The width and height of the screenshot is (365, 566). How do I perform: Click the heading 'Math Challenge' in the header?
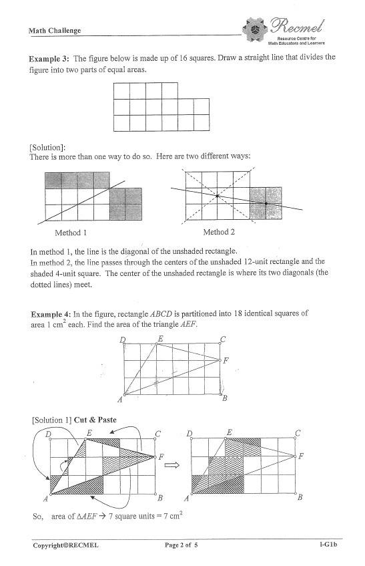pyautogui.click(x=55, y=31)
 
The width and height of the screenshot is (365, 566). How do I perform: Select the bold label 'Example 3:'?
pyautogui.click(x=49, y=58)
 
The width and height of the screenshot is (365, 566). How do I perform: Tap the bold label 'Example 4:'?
pyautogui.click(x=51, y=313)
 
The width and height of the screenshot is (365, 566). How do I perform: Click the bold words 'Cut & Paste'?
pyautogui.click(x=95, y=420)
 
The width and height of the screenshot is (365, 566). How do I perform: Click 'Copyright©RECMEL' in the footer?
pyautogui.click(x=65, y=545)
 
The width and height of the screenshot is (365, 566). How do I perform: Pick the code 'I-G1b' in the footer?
pyautogui.click(x=328, y=545)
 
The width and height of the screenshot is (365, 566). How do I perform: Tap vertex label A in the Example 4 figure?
pyautogui.click(x=120, y=399)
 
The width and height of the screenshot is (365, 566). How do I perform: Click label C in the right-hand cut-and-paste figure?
pyautogui.click(x=297, y=432)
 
